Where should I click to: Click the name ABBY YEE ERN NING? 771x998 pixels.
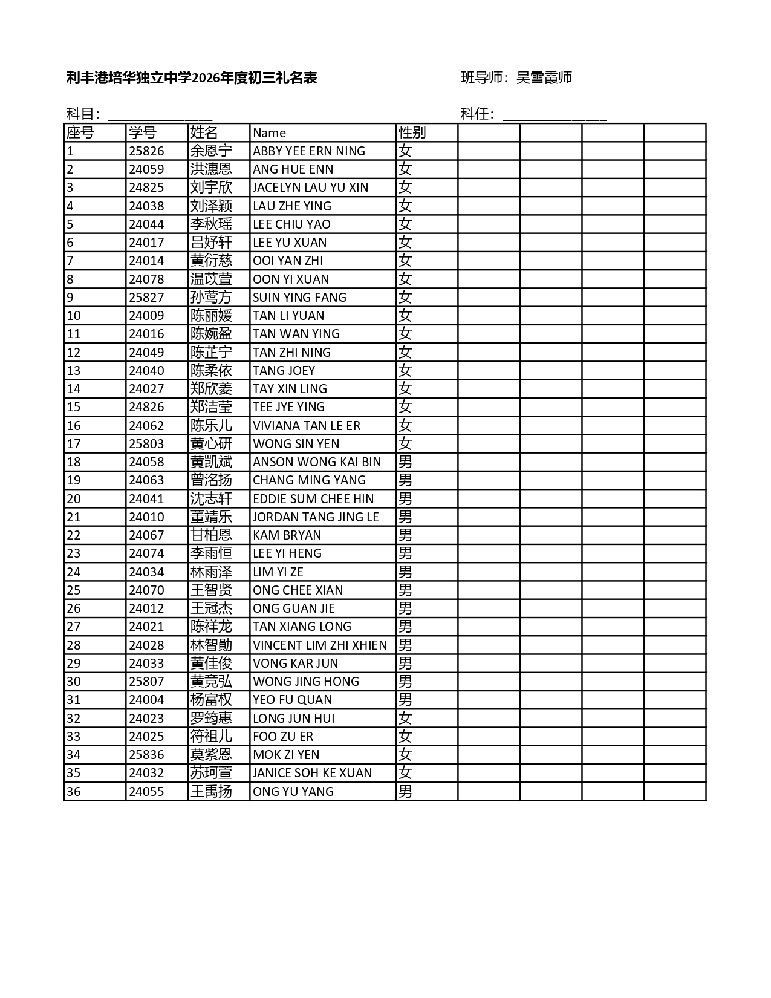pos(308,151)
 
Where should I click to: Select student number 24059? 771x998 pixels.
pos(146,169)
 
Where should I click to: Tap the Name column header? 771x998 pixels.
pos(269,133)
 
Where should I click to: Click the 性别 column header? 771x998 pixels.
pos(412,132)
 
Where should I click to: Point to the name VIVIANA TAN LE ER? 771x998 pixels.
pos(306,426)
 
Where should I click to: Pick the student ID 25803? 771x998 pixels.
pos(146,444)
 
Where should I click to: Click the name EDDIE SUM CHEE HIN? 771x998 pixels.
pos(313,499)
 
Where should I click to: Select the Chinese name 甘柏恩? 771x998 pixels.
pos(211,535)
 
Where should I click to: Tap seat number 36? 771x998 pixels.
pos(73,792)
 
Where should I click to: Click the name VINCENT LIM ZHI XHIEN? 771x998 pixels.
pos(319,645)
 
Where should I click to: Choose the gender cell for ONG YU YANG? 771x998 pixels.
pos(405,792)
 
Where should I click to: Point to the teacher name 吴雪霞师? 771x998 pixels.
pos(544,77)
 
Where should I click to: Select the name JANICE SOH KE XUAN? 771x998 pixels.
pos(312,773)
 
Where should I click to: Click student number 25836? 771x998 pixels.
pos(146,755)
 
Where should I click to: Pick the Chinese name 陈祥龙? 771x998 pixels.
pos(211,627)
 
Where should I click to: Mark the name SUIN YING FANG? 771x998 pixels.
pos(299,298)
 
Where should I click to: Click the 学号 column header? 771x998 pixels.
pos(142,132)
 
